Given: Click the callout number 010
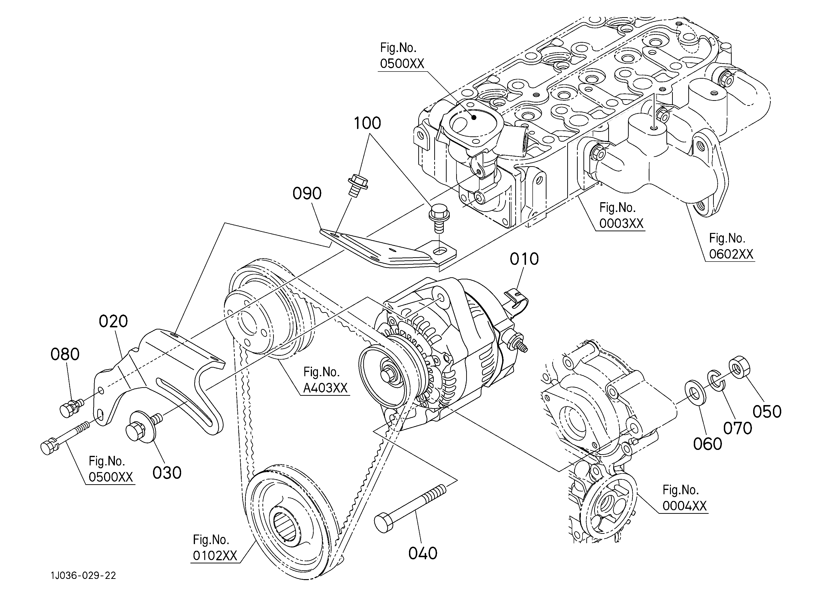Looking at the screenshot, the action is pos(524,259).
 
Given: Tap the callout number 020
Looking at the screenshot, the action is pos(113,322).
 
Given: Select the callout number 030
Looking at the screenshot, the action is pos(167,473).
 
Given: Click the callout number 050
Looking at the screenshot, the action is pos(767,412).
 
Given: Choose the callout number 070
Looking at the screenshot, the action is pos(738,429).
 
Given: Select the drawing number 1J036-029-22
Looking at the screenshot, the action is pos(83,576).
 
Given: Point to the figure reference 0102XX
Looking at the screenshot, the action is pos(215,556).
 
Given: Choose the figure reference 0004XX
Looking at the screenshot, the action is pos(685,506).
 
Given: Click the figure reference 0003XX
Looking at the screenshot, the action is pos(622,224).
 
